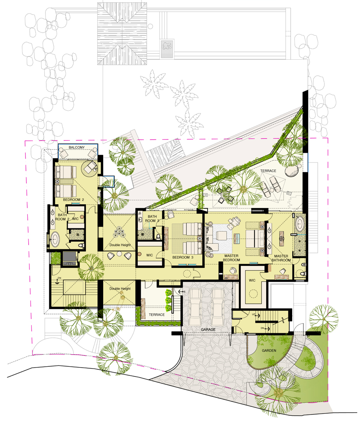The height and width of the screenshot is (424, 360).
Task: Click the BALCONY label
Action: (x=76, y=147)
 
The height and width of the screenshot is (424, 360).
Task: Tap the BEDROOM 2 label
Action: (x=73, y=199)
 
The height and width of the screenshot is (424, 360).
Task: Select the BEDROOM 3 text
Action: (x=183, y=257)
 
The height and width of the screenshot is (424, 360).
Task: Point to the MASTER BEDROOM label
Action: (x=231, y=258)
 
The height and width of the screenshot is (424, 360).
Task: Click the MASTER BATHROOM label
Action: (x=281, y=258)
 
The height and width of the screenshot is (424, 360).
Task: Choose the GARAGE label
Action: (x=208, y=329)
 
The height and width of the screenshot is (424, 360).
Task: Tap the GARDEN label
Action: (x=269, y=351)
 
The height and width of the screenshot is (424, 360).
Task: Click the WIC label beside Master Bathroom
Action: (x=252, y=280)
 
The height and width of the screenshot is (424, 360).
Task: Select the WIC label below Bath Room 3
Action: (x=150, y=255)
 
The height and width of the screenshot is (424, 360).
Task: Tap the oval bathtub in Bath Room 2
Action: (x=55, y=239)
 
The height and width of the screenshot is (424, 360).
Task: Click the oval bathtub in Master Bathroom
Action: (x=300, y=224)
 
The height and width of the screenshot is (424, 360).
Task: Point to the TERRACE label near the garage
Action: (x=156, y=314)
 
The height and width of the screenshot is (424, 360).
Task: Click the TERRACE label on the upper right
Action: (x=268, y=171)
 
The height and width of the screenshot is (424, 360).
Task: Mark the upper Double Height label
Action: (x=120, y=245)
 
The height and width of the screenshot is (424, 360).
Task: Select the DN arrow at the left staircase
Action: (x=57, y=281)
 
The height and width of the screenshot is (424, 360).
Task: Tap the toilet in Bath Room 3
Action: (x=158, y=237)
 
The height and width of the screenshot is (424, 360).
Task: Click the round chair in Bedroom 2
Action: (x=90, y=168)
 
